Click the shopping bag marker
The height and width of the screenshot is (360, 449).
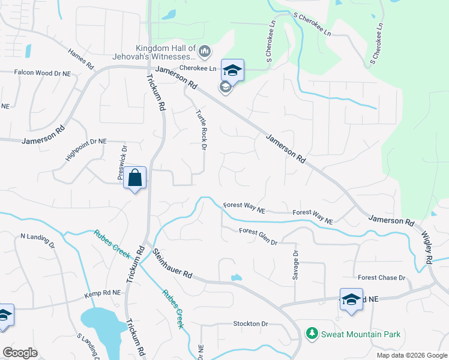(x=135, y=178)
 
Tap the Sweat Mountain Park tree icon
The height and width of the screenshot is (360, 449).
(x=312, y=334)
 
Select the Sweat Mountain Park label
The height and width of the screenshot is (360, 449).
(x=360, y=334)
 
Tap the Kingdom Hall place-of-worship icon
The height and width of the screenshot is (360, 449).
(x=204, y=52)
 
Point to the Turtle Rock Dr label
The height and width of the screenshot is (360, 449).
(x=201, y=130)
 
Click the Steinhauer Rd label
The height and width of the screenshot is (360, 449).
(x=172, y=264)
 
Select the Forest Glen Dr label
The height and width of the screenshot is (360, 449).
(x=258, y=236)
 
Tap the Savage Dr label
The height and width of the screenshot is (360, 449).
(x=295, y=264)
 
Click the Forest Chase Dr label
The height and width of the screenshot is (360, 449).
(x=382, y=278)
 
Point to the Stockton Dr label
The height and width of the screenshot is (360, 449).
(x=250, y=324)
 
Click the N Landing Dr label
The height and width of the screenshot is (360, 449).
(x=37, y=241)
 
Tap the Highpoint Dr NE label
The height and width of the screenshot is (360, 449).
(x=86, y=153)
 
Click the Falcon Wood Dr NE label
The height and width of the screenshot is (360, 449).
(x=43, y=73)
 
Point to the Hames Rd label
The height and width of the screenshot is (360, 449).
(x=81, y=58)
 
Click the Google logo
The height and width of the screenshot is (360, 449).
(x=20, y=353)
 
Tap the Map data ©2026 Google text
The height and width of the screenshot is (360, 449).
(x=411, y=355)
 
